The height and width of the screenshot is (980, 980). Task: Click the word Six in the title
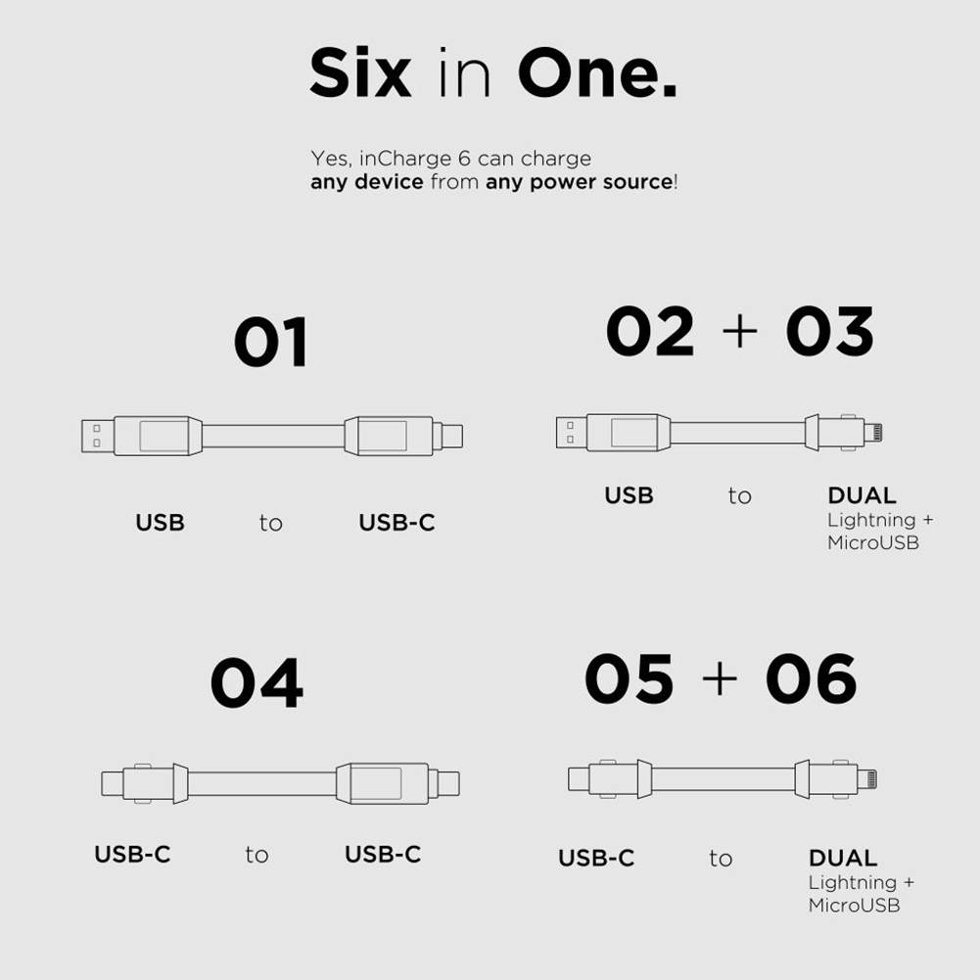coord(359,74)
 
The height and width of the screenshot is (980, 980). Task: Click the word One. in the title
coord(597,74)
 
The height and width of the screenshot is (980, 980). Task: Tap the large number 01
coord(271,342)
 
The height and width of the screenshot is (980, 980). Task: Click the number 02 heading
coord(650,332)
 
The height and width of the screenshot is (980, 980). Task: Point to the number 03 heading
coord(829,332)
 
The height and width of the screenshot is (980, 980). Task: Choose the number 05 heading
coord(629,679)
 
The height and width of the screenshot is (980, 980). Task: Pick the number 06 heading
coord(811,679)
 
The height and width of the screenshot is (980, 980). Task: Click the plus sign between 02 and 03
coord(740,332)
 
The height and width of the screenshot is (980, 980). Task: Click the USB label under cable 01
coord(160,523)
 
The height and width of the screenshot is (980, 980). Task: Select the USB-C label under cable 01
coord(397,523)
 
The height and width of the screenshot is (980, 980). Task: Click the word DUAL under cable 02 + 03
coord(862,495)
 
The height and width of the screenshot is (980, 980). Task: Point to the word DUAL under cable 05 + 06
coord(843,858)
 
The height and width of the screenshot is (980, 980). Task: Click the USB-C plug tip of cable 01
coord(450,436)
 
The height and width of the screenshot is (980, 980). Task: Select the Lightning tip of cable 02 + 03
coord(874,431)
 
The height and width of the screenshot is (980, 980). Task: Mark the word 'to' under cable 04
coord(257,855)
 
